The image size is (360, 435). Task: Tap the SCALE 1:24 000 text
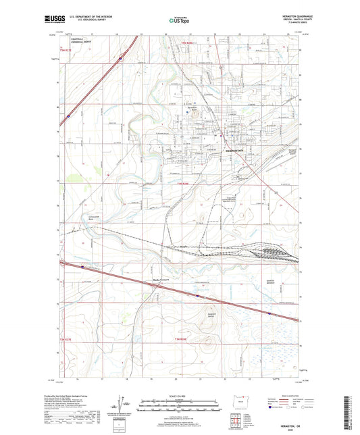coord(179,395)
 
